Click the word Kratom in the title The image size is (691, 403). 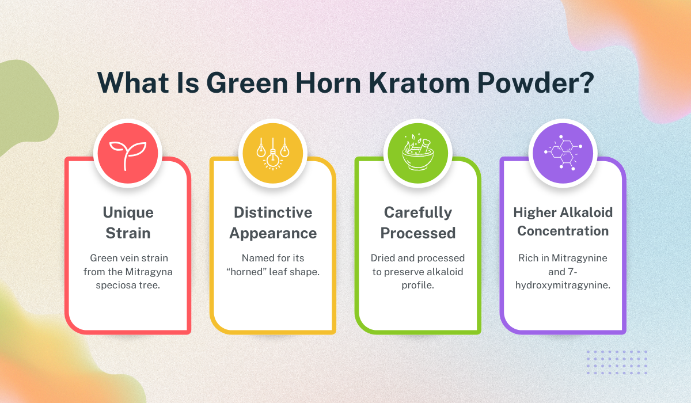(x=419, y=83)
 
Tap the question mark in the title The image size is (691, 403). (x=584, y=83)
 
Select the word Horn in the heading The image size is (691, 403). (x=328, y=83)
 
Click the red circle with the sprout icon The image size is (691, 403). (x=128, y=153)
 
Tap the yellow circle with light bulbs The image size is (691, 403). (x=273, y=153)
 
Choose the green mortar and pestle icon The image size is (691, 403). (x=418, y=153)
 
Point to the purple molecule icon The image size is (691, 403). (x=563, y=153)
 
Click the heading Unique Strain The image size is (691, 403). (x=128, y=223)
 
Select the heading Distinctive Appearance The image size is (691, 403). (x=273, y=223)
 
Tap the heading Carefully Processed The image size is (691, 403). (x=418, y=223)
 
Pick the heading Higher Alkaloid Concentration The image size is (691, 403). (x=563, y=222)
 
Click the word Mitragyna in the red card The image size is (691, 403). (x=149, y=272)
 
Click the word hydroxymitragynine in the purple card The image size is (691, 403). (x=563, y=285)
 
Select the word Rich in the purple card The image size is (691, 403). (x=528, y=258)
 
